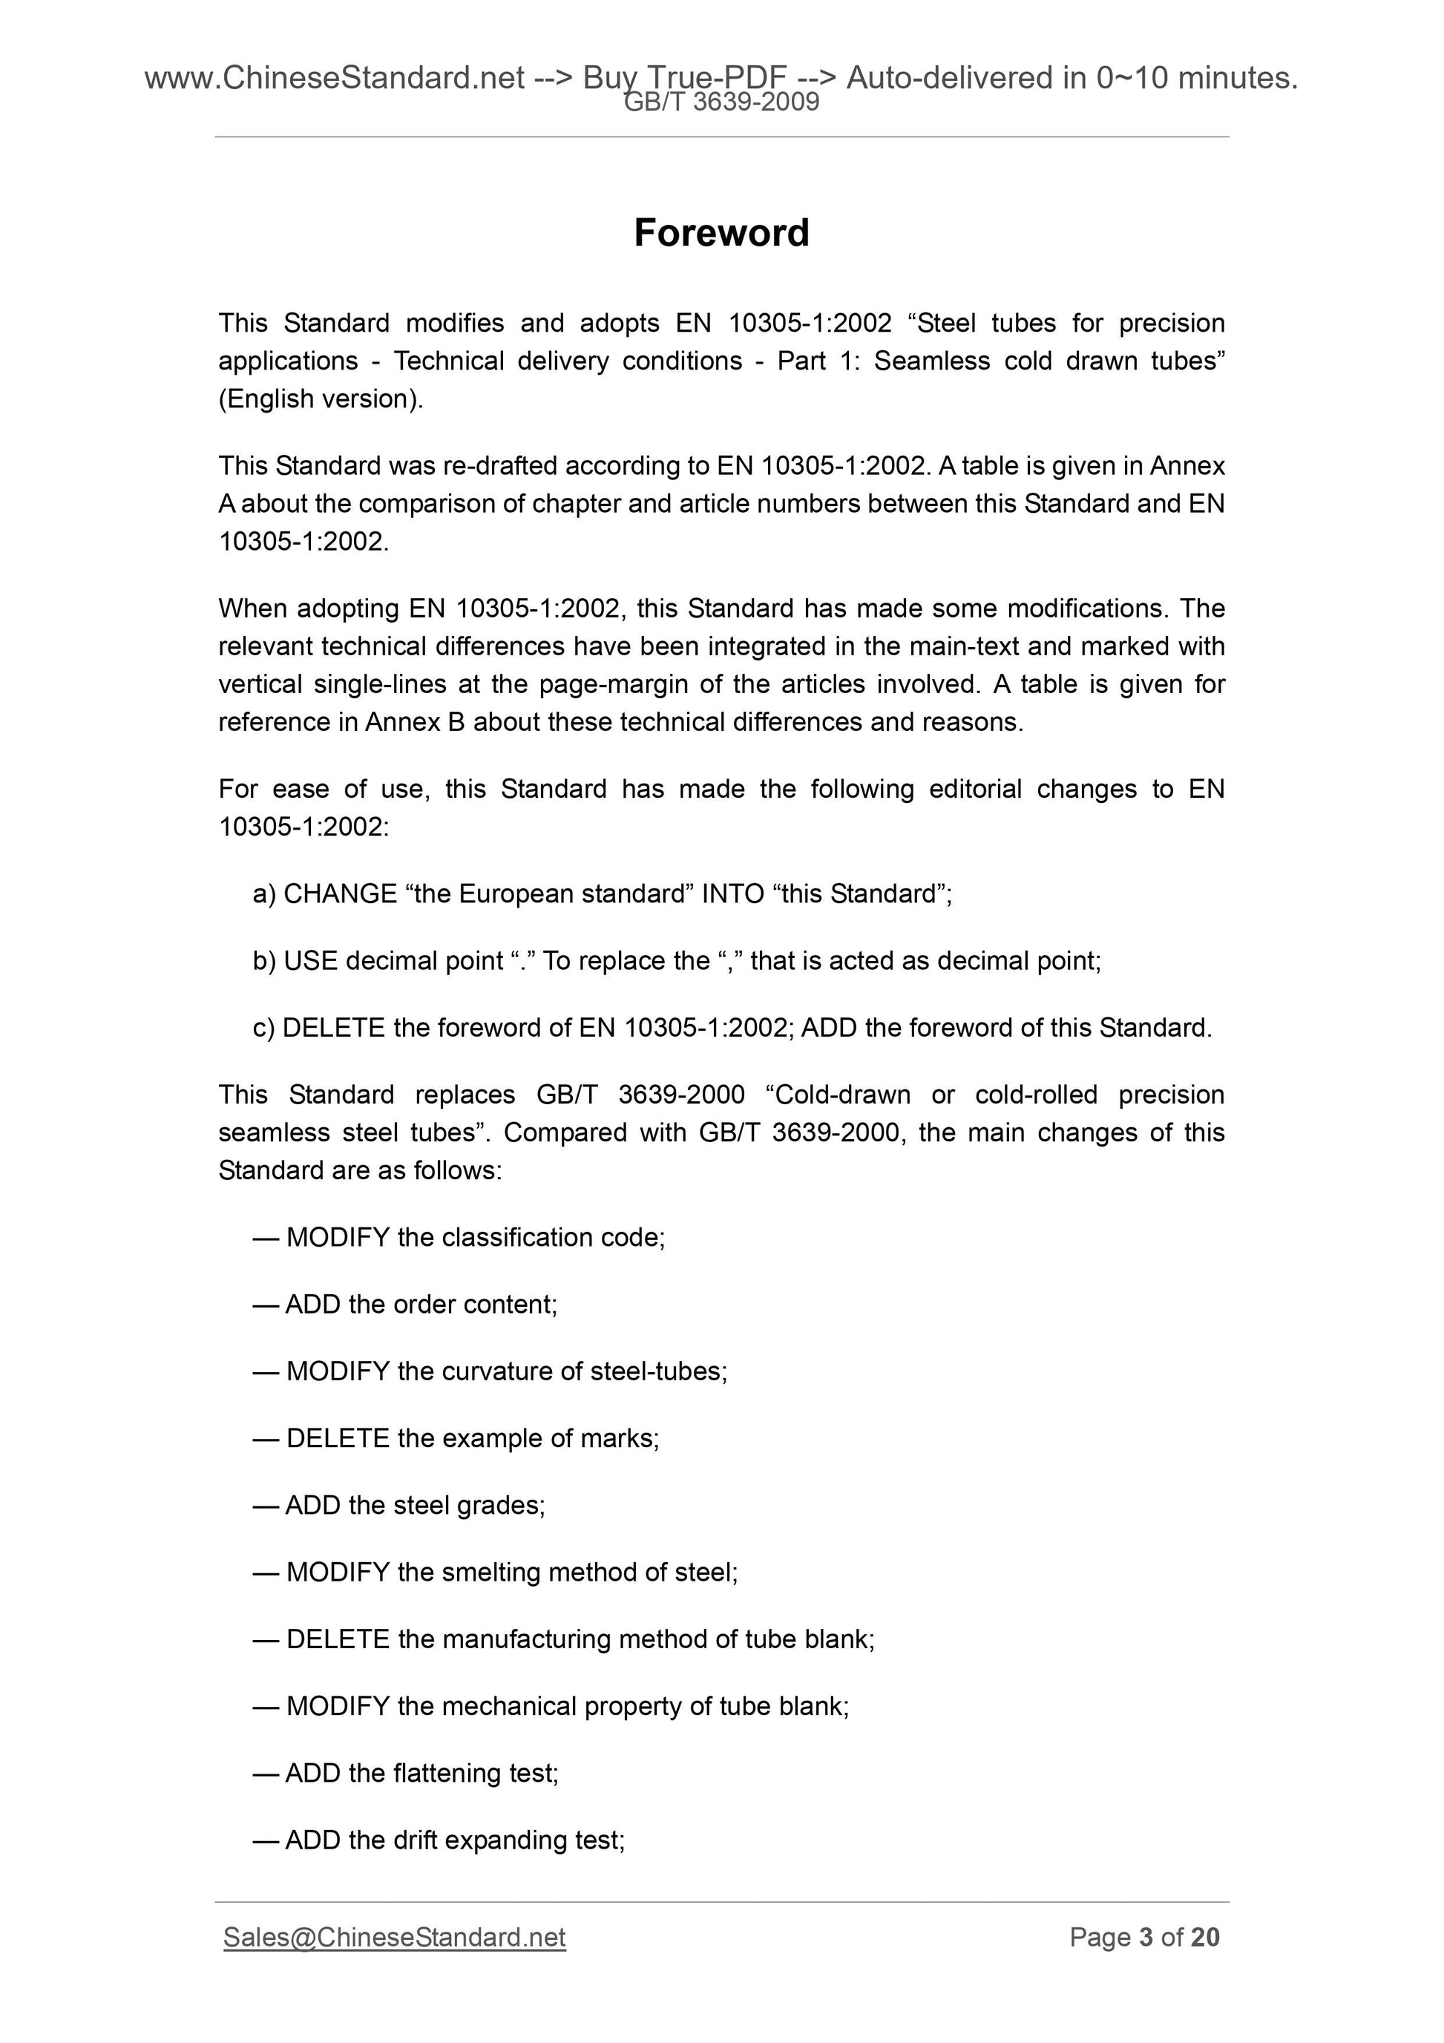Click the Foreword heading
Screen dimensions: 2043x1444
pyautogui.click(x=721, y=233)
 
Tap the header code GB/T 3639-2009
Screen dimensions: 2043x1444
pyautogui.click(x=721, y=103)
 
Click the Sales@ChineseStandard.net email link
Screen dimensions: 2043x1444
pyautogui.click(x=394, y=1937)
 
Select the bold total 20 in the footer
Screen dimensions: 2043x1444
pyautogui.click(x=1204, y=1937)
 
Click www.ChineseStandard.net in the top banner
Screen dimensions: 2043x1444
pyautogui.click(x=334, y=79)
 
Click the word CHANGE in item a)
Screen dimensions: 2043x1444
pyautogui.click(x=340, y=893)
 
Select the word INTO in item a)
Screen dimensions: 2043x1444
pyautogui.click(x=733, y=893)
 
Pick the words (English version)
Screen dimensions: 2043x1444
pyautogui.click(x=321, y=399)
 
